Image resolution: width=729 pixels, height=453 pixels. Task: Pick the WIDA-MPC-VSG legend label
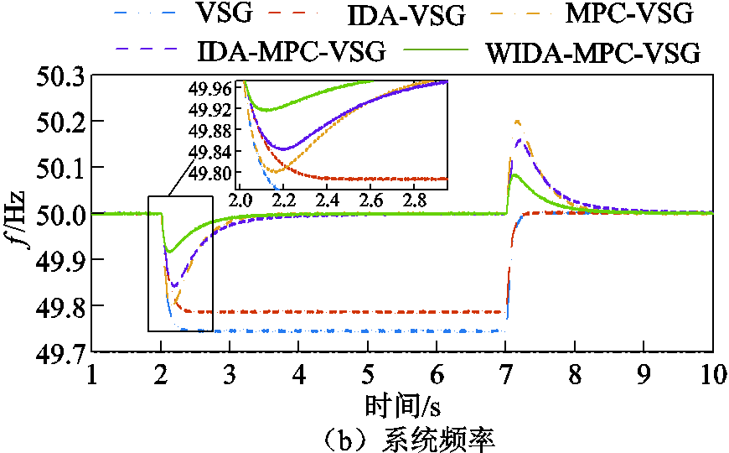click(x=591, y=52)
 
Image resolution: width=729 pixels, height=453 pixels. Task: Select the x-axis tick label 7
click(x=506, y=373)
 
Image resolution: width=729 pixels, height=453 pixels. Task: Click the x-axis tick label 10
click(x=711, y=373)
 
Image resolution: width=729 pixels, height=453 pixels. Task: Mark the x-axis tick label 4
click(x=299, y=373)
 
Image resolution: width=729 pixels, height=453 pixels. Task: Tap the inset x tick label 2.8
click(x=413, y=201)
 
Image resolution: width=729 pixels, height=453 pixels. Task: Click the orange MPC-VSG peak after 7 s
click(x=517, y=122)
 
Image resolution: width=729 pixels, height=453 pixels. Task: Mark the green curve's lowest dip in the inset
click(x=267, y=110)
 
